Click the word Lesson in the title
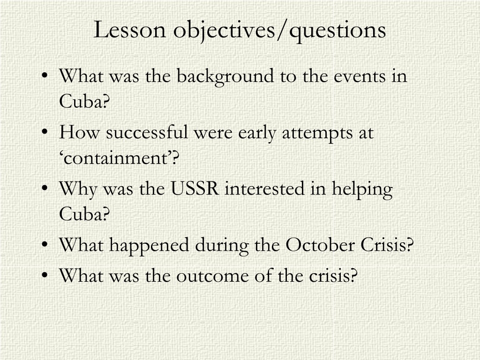[x=129, y=30]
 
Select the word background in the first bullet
[x=225, y=76]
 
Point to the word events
[x=360, y=77]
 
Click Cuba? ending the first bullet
[x=84, y=101]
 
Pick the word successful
[x=147, y=132]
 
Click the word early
[x=257, y=134]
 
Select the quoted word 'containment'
[x=119, y=158]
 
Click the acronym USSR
[x=195, y=188]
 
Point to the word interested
[x=264, y=188]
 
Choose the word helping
[x=362, y=190]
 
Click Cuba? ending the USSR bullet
[x=84, y=214]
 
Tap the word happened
[x=149, y=246]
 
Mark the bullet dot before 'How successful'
[x=45, y=132]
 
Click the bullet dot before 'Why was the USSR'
[x=45, y=188]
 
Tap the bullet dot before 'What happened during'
[x=45, y=244]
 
